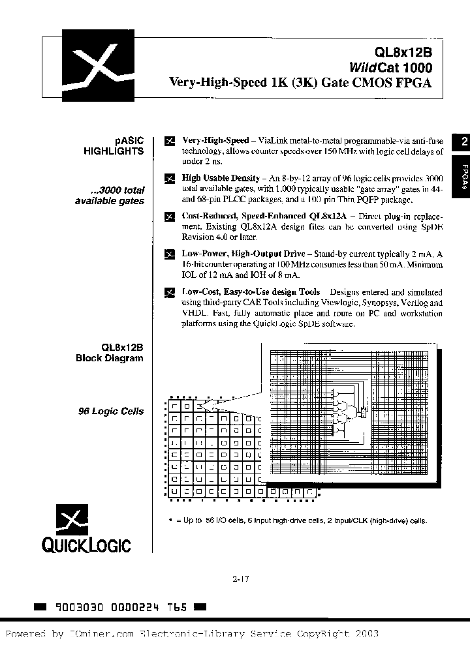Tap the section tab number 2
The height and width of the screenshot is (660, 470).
pos(463,142)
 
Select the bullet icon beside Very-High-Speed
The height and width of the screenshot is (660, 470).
pos(170,141)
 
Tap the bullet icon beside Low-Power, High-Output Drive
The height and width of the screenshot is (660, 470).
pos(170,253)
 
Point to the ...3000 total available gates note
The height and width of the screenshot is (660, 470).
pos(110,196)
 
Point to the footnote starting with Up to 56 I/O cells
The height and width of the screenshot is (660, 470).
pos(298,520)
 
